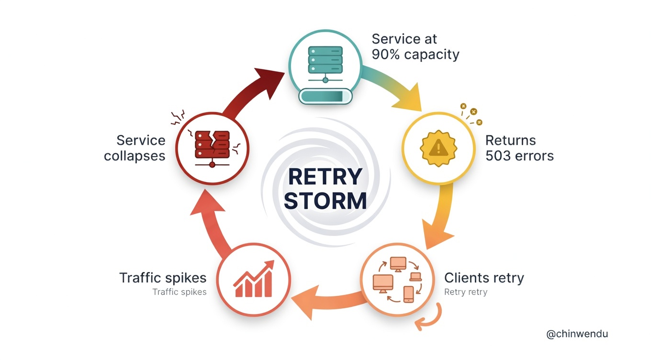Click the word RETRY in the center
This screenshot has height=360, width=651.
tap(325, 177)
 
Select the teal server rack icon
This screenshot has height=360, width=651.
tap(325, 61)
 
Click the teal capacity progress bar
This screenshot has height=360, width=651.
tap(325, 97)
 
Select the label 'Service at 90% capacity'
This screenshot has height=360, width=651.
tap(415, 46)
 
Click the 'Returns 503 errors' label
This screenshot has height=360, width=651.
tap(519, 147)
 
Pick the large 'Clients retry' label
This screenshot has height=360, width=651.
tap(484, 278)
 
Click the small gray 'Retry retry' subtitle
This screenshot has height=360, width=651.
tap(465, 292)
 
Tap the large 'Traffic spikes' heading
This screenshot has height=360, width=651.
tap(163, 278)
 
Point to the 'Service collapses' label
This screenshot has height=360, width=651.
tap(135, 147)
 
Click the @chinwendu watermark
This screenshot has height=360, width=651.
tap(577, 334)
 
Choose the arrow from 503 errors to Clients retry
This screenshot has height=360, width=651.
tap(440, 215)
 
